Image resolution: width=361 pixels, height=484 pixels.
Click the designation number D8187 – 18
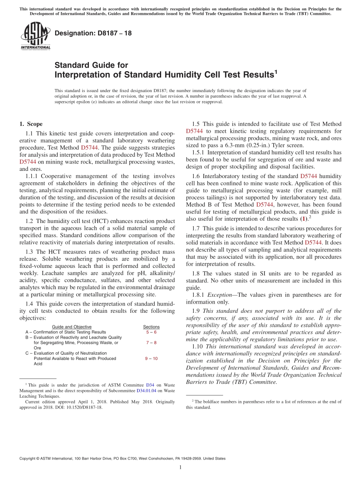click(93, 33)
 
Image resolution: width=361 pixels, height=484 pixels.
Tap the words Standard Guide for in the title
click(91, 65)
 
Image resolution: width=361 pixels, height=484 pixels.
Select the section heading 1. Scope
click(31, 124)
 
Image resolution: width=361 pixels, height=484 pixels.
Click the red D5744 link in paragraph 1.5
click(194, 131)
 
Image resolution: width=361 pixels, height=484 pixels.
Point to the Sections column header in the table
click(151, 327)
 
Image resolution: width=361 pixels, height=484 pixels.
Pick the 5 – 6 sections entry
click(151, 332)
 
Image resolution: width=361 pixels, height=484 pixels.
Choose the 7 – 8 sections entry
click(151, 342)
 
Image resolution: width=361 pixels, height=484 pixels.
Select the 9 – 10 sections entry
click(151, 358)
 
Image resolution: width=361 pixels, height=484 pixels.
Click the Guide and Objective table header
click(71, 327)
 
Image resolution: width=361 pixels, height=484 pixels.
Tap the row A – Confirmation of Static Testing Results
click(66, 332)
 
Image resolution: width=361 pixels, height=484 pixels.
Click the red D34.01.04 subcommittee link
click(146, 390)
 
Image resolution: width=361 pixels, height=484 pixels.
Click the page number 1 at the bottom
click(180, 467)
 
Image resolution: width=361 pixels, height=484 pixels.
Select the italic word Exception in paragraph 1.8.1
click(218, 295)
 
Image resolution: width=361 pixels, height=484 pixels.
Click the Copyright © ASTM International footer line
click(122, 459)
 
